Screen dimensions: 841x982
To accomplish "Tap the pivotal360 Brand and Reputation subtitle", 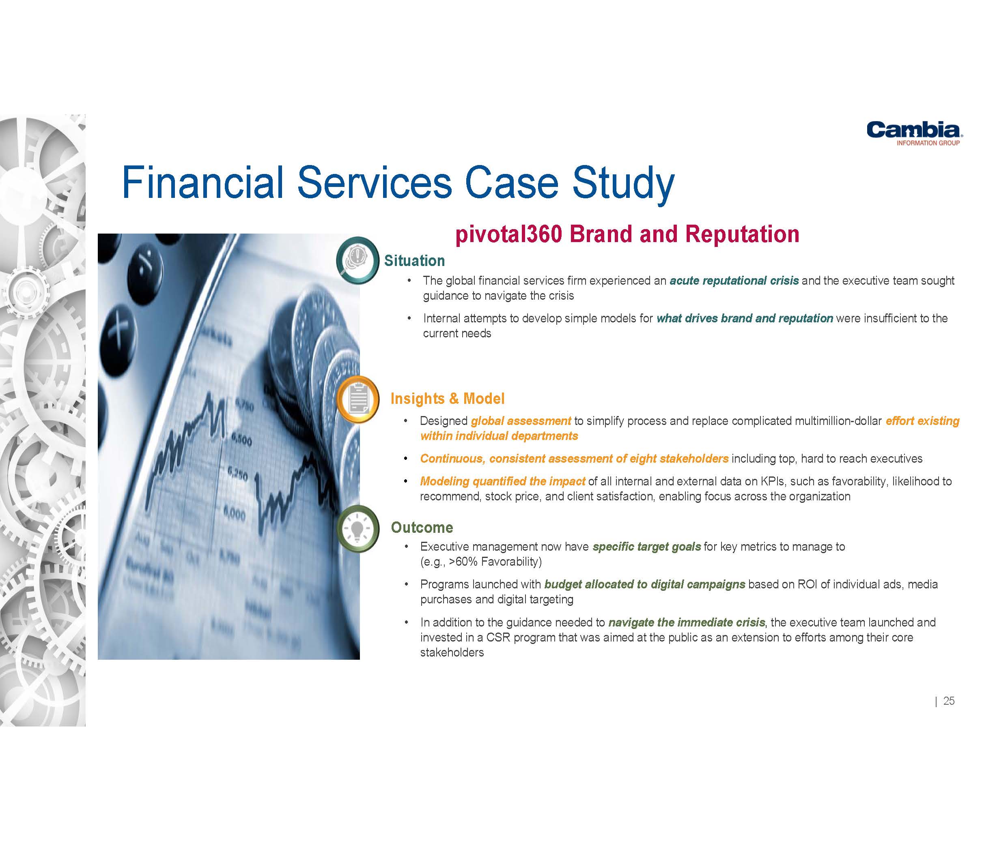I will (627, 234).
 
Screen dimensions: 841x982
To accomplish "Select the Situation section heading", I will (414, 260).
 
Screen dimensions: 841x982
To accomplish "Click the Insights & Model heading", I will (448, 399).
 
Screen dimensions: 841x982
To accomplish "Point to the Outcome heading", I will (422, 528).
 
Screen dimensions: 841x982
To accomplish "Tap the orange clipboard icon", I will (358, 399).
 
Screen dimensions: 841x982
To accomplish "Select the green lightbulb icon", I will (358, 530).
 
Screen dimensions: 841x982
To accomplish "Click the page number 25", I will (949, 701).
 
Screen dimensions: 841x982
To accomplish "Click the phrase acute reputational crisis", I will (734, 281).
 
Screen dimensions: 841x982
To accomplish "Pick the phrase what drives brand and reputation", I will (745, 318).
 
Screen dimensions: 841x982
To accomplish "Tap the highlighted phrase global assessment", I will (521, 421).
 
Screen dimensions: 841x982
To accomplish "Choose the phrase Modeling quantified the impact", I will (502, 482).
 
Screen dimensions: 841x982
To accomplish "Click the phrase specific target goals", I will (646, 547).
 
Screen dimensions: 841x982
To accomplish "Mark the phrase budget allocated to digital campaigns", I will (644, 584).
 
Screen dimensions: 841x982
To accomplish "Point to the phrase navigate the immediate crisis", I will (686, 622).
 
